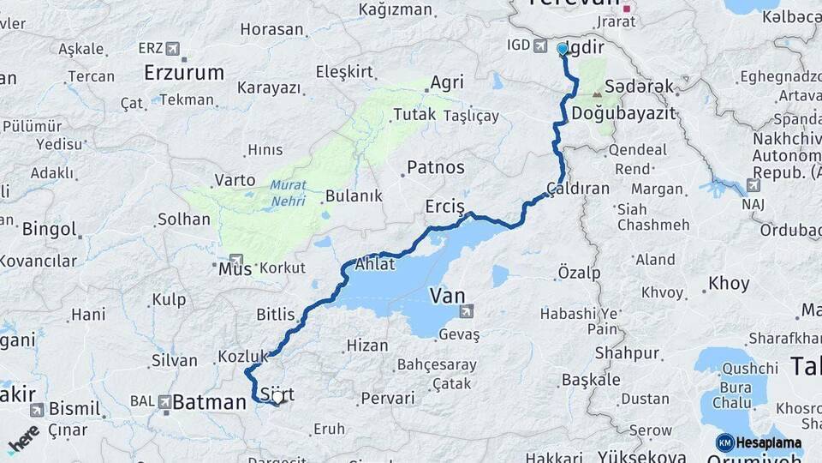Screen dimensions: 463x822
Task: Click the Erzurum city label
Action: [x=184, y=73]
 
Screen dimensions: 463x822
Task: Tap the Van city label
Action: [x=447, y=297]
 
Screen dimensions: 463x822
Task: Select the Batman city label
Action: [x=209, y=402]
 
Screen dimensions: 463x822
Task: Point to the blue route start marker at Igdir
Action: [x=563, y=49]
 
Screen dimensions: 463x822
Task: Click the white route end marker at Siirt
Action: [x=277, y=399]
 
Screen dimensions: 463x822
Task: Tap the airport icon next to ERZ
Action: [x=175, y=48]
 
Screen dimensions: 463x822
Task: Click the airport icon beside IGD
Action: [x=541, y=45]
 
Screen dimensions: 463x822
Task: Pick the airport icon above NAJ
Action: [x=753, y=184]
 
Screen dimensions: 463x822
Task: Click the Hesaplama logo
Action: [x=759, y=443]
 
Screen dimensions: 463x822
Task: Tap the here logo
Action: [x=24, y=438]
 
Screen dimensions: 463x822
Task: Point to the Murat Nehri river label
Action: [x=288, y=192]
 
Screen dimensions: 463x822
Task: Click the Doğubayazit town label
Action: [x=623, y=113]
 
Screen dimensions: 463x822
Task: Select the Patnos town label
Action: [x=435, y=167]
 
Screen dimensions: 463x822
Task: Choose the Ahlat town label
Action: [x=374, y=264]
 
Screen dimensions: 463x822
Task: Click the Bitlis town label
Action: [x=275, y=315]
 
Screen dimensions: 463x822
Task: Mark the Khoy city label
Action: [x=729, y=283]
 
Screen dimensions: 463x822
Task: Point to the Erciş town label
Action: [x=444, y=207]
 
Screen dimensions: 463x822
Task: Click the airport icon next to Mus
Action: [x=235, y=259]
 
